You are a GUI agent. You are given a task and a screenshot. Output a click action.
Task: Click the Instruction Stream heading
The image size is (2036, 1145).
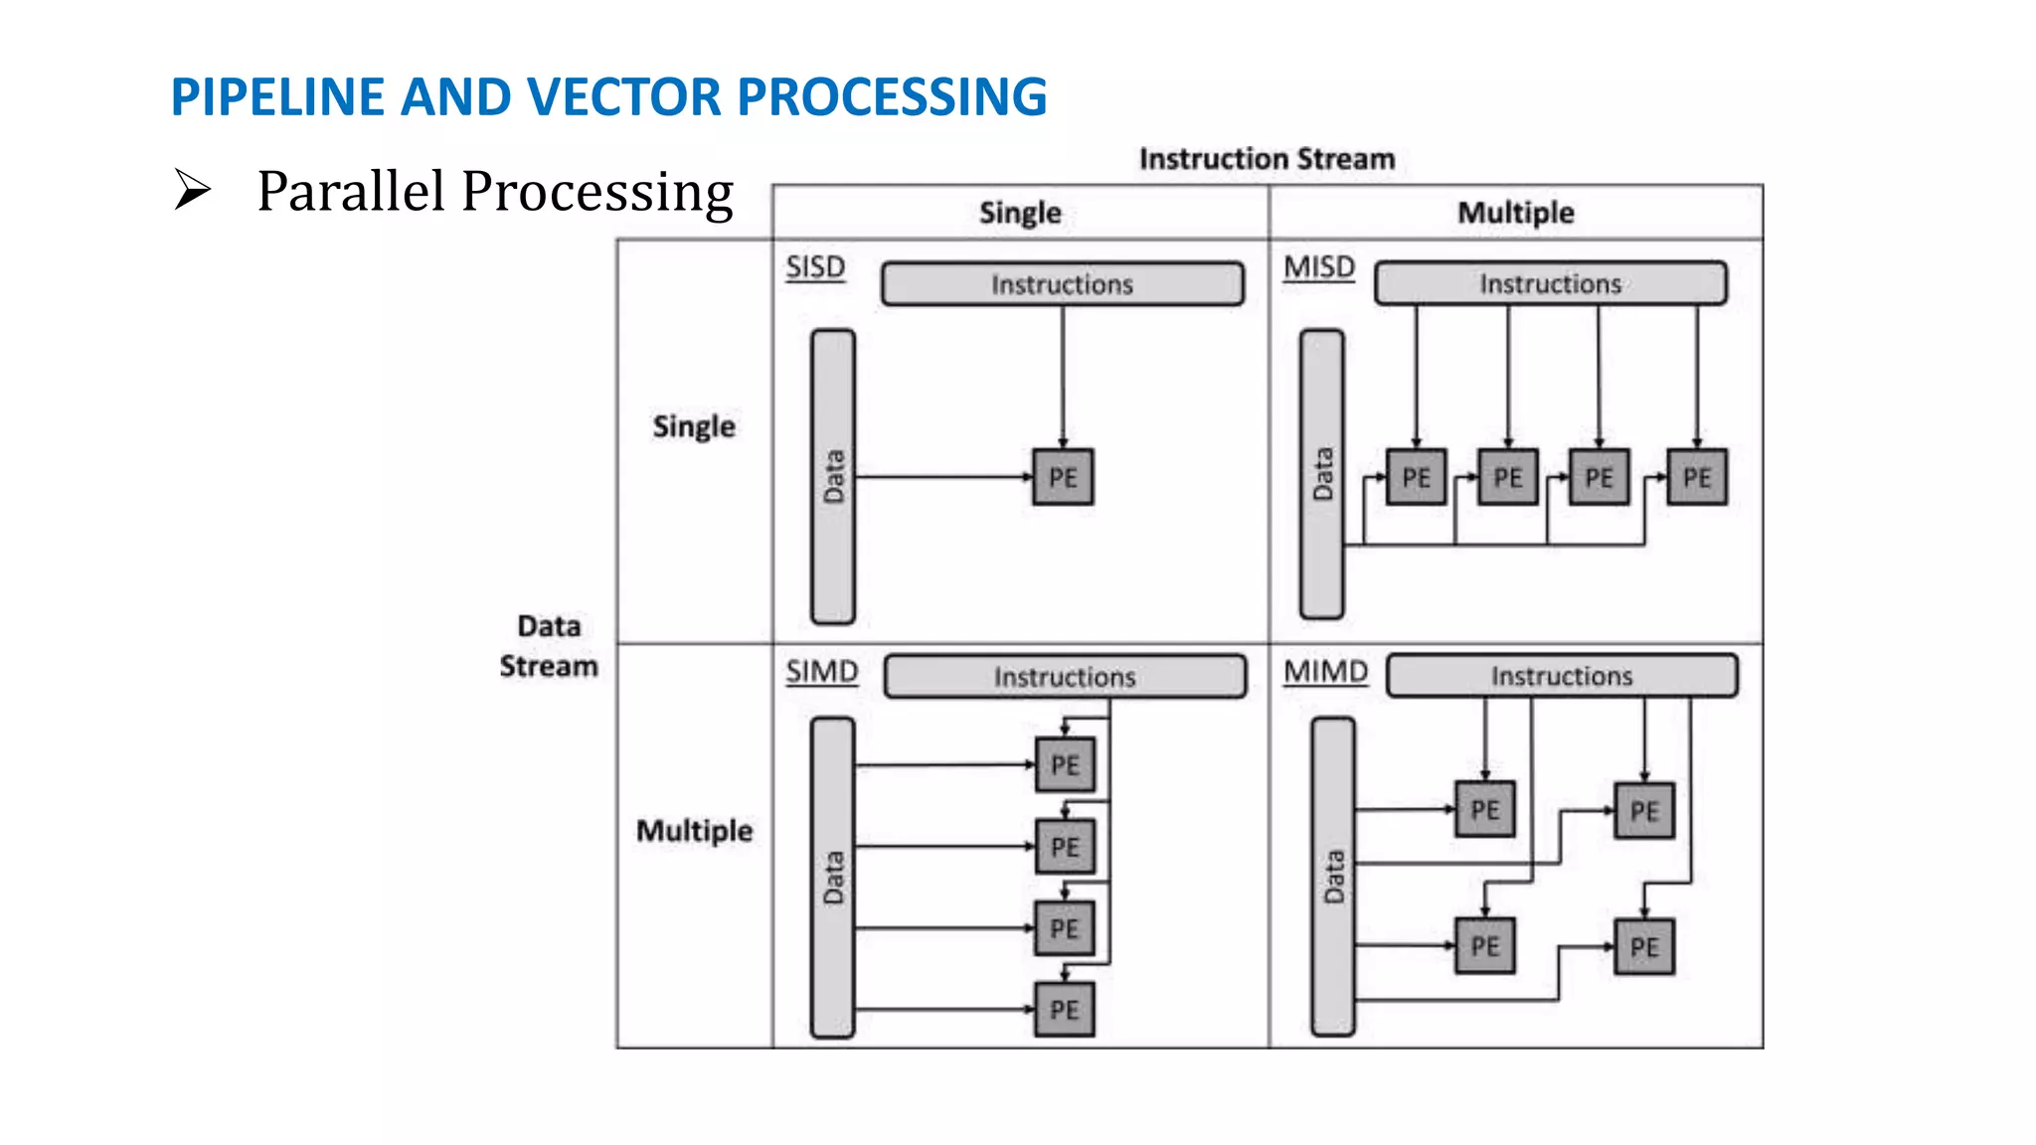click(1267, 159)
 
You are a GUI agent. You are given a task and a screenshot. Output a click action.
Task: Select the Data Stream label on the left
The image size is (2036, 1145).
click(549, 646)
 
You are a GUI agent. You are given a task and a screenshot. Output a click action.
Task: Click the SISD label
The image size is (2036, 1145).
click(815, 267)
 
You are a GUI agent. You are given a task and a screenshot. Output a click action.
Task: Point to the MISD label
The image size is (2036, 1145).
click(1319, 267)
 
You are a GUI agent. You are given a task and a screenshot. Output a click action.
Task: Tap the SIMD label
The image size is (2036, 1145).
click(821, 672)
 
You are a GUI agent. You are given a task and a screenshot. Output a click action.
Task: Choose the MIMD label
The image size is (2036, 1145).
click(1325, 672)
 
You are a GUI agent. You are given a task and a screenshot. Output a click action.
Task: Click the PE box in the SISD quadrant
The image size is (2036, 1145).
click(1063, 477)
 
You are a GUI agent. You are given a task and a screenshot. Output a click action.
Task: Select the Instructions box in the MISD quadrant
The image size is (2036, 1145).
click(1550, 284)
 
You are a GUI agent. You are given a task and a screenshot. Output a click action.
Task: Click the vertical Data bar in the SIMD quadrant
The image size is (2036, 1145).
click(833, 878)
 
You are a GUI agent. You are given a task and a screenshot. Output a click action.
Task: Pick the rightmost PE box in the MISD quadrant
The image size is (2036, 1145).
click(1696, 477)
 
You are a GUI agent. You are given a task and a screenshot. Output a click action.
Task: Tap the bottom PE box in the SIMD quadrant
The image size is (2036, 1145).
click(1064, 1010)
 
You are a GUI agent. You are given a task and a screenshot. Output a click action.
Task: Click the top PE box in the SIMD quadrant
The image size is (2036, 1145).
click(1064, 765)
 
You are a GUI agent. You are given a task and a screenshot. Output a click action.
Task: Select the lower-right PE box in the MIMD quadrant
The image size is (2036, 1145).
click(1644, 946)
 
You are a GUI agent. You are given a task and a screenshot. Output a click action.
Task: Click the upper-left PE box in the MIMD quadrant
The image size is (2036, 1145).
click(1484, 809)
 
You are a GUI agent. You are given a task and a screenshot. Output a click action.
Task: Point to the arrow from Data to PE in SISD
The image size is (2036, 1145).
click(944, 477)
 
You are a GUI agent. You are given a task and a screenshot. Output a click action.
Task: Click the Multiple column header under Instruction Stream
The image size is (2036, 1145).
click(1515, 213)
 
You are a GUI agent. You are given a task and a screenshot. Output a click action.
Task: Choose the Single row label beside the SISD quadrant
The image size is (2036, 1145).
click(694, 426)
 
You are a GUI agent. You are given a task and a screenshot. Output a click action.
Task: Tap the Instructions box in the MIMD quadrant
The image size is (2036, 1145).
click(1561, 676)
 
